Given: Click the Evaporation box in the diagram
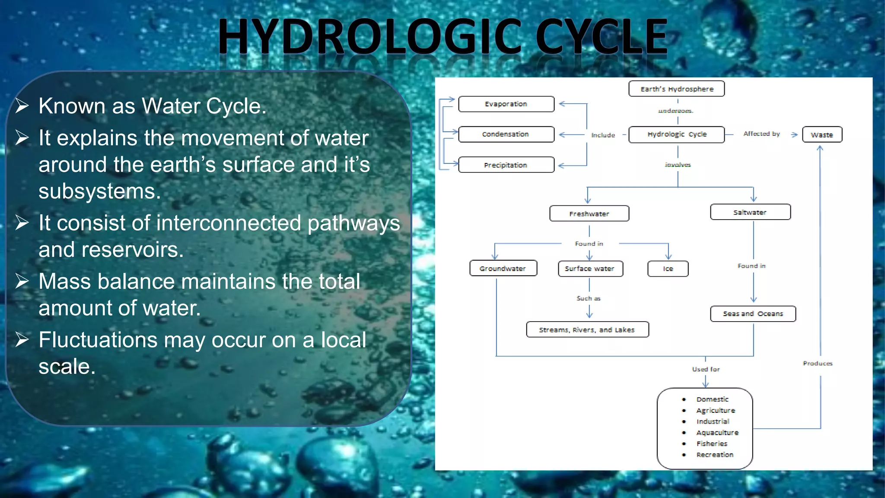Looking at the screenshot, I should pyautogui.click(x=506, y=104).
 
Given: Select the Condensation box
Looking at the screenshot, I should pyautogui.click(x=506, y=134).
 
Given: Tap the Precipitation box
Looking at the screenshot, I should pyautogui.click(x=506, y=165).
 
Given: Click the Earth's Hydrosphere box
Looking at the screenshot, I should pyautogui.click(x=677, y=89).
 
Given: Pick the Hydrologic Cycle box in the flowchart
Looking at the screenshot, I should pyautogui.click(x=677, y=134).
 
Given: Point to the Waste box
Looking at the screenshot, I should pyautogui.click(x=822, y=135).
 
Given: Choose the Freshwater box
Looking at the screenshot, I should pyautogui.click(x=589, y=214).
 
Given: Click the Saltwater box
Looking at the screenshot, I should pyautogui.click(x=750, y=212).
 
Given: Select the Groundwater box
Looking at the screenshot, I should pyautogui.click(x=503, y=268).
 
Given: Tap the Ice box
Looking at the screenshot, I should pyautogui.click(x=668, y=269).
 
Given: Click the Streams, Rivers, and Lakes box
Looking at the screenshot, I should pyautogui.click(x=587, y=330).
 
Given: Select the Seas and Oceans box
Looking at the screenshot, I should pyautogui.click(x=753, y=314).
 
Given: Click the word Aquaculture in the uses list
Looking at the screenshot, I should pyautogui.click(x=717, y=433).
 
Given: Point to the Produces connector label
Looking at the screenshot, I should pyautogui.click(x=818, y=364).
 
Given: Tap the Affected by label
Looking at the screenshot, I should pyautogui.click(x=761, y=134).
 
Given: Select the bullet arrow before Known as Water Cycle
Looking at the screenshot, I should pyautogui.click(x=22, y=106).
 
